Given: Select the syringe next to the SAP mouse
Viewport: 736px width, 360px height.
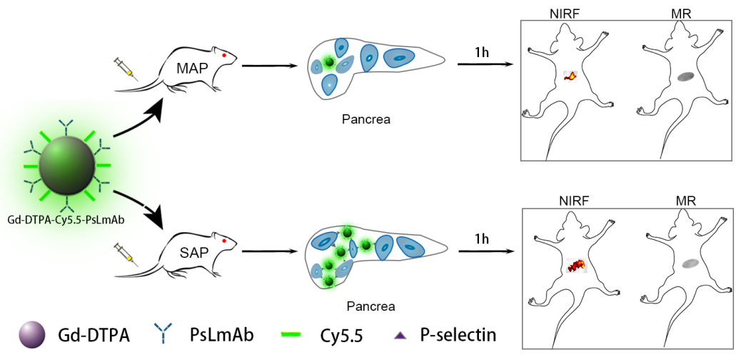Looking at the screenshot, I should click(x=125, y=254).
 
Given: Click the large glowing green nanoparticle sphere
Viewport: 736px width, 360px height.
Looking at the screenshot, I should click(x=66, y=163).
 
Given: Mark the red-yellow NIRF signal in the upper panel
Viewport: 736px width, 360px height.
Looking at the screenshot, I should click(x=570, y=76).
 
